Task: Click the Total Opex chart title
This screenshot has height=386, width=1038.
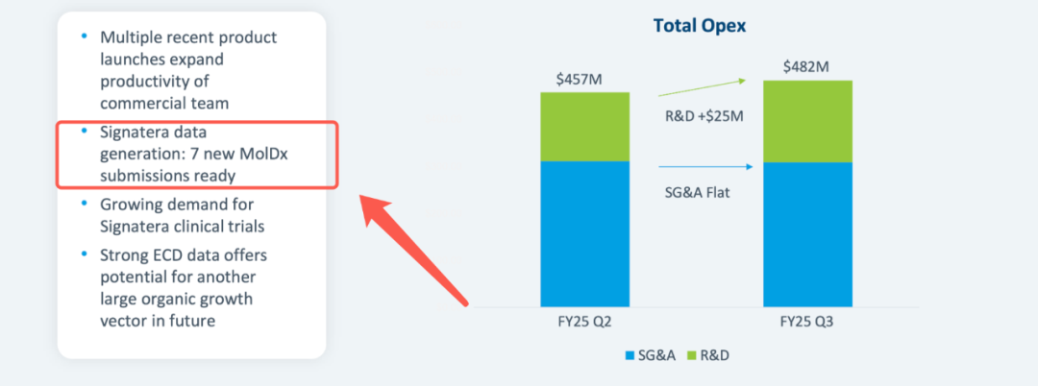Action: pyautogui.click(x=700, y=26)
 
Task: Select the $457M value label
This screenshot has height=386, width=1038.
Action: pyautogui.click(x=579, y=78)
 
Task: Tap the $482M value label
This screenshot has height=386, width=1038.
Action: pyautogui.click(x=805, y=66)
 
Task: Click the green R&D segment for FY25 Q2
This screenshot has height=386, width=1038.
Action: pyautogui.click(x=584, y=126)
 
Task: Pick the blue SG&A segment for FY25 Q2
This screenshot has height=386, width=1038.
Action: pyautogui.click(x=584, y=233)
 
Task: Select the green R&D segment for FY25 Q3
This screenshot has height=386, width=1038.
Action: pyautogui.click(x=807, y=121)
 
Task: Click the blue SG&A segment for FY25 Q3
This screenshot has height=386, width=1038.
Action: pyautogui.click(x=807, y=234)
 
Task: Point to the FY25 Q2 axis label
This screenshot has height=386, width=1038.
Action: pyautogui.click(x=584, y=322)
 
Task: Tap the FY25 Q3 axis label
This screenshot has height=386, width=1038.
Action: pyautogui.click(x=807, y=322)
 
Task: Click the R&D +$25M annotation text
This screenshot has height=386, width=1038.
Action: pyautogui.click(x=704, y=116)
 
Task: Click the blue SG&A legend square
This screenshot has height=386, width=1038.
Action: pyautogui.click(x=630, y=355)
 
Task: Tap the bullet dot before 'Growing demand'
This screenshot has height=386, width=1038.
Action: pyautogui.click(x=84, y=204)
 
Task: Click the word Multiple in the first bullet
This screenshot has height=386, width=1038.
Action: pyautogui.click(x=133, y=37)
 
